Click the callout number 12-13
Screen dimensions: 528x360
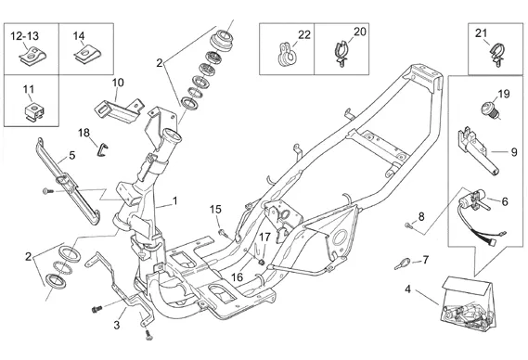pos(24,35)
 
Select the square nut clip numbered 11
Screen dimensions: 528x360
pos(35,111)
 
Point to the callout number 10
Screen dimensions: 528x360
pos(118,83)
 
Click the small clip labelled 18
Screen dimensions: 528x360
pos(103,150)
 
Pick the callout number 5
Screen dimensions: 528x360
pos(72,156)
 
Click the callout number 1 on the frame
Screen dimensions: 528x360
pos(174,201)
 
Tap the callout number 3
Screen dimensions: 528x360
pos(117,326)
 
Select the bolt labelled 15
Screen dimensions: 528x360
pos(224,232)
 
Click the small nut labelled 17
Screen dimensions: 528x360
pos(261,262)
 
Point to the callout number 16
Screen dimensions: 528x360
pos(237,277)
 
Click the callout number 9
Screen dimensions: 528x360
pos(514,152)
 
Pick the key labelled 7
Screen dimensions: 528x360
pos(403,264)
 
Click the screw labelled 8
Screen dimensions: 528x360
pos(409,225)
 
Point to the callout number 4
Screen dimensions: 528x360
pos(407,289)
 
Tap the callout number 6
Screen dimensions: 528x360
pos(505,201)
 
